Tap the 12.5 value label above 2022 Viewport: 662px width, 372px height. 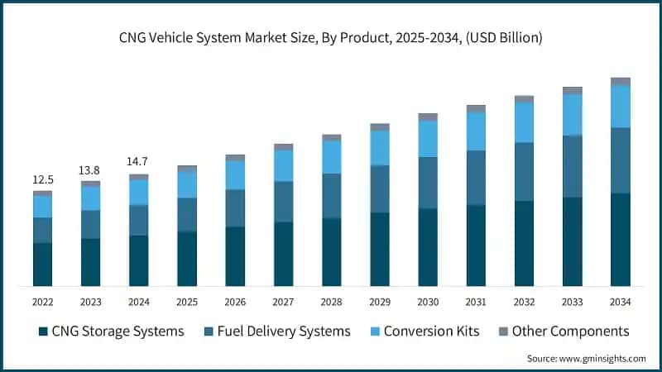coord(42,179)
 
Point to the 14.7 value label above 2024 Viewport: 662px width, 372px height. coord(138,162)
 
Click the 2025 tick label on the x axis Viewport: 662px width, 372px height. coord(187,302)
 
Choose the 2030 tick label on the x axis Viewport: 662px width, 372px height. coord(428,302)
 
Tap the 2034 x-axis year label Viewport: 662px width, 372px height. coord(620,302)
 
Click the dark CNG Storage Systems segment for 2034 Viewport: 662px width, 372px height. coord(620,240)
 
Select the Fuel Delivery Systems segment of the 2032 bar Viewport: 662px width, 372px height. coord(524,171)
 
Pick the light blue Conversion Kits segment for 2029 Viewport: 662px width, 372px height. coord(380,148)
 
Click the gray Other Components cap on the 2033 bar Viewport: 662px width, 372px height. coord(572,90)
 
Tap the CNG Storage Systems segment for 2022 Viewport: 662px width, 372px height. coord(42,265)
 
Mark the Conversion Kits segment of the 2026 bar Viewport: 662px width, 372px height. coord(235,174)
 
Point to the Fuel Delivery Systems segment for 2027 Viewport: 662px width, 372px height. coord(283,201)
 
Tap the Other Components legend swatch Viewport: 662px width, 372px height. coord(502,331)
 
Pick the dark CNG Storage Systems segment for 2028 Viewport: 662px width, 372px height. coord(331,252)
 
